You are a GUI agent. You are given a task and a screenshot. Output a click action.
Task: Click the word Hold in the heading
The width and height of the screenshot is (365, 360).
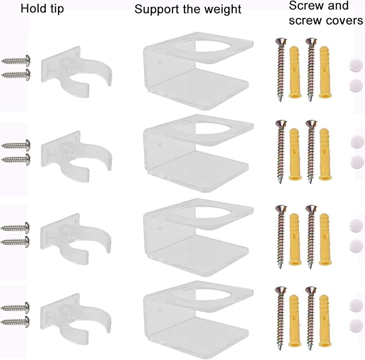(32, 9)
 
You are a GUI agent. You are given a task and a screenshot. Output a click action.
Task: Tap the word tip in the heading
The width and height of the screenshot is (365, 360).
(55, 9)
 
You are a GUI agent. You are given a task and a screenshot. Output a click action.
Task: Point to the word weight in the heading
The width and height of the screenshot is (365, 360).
(221, 10)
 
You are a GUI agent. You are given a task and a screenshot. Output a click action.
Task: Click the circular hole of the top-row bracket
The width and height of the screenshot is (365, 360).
(203, 46)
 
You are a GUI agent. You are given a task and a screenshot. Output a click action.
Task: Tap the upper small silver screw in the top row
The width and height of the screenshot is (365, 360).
(16, 61)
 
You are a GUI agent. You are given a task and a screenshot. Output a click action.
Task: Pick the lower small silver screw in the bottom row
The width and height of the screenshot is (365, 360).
(16, 322)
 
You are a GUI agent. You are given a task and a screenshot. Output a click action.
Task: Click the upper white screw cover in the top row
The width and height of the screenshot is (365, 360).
(356, 66)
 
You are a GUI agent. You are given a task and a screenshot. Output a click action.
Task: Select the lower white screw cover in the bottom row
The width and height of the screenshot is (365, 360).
(356, 326)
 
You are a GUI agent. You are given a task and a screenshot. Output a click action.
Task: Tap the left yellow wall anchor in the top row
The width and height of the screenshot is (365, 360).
(295, 72)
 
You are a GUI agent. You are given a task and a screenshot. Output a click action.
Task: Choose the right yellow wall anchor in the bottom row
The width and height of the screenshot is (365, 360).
(325, 321)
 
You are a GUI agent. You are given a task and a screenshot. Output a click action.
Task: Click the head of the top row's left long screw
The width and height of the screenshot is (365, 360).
(281, 42)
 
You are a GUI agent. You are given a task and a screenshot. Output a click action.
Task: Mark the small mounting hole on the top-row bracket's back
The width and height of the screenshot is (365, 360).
(160, 62)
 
